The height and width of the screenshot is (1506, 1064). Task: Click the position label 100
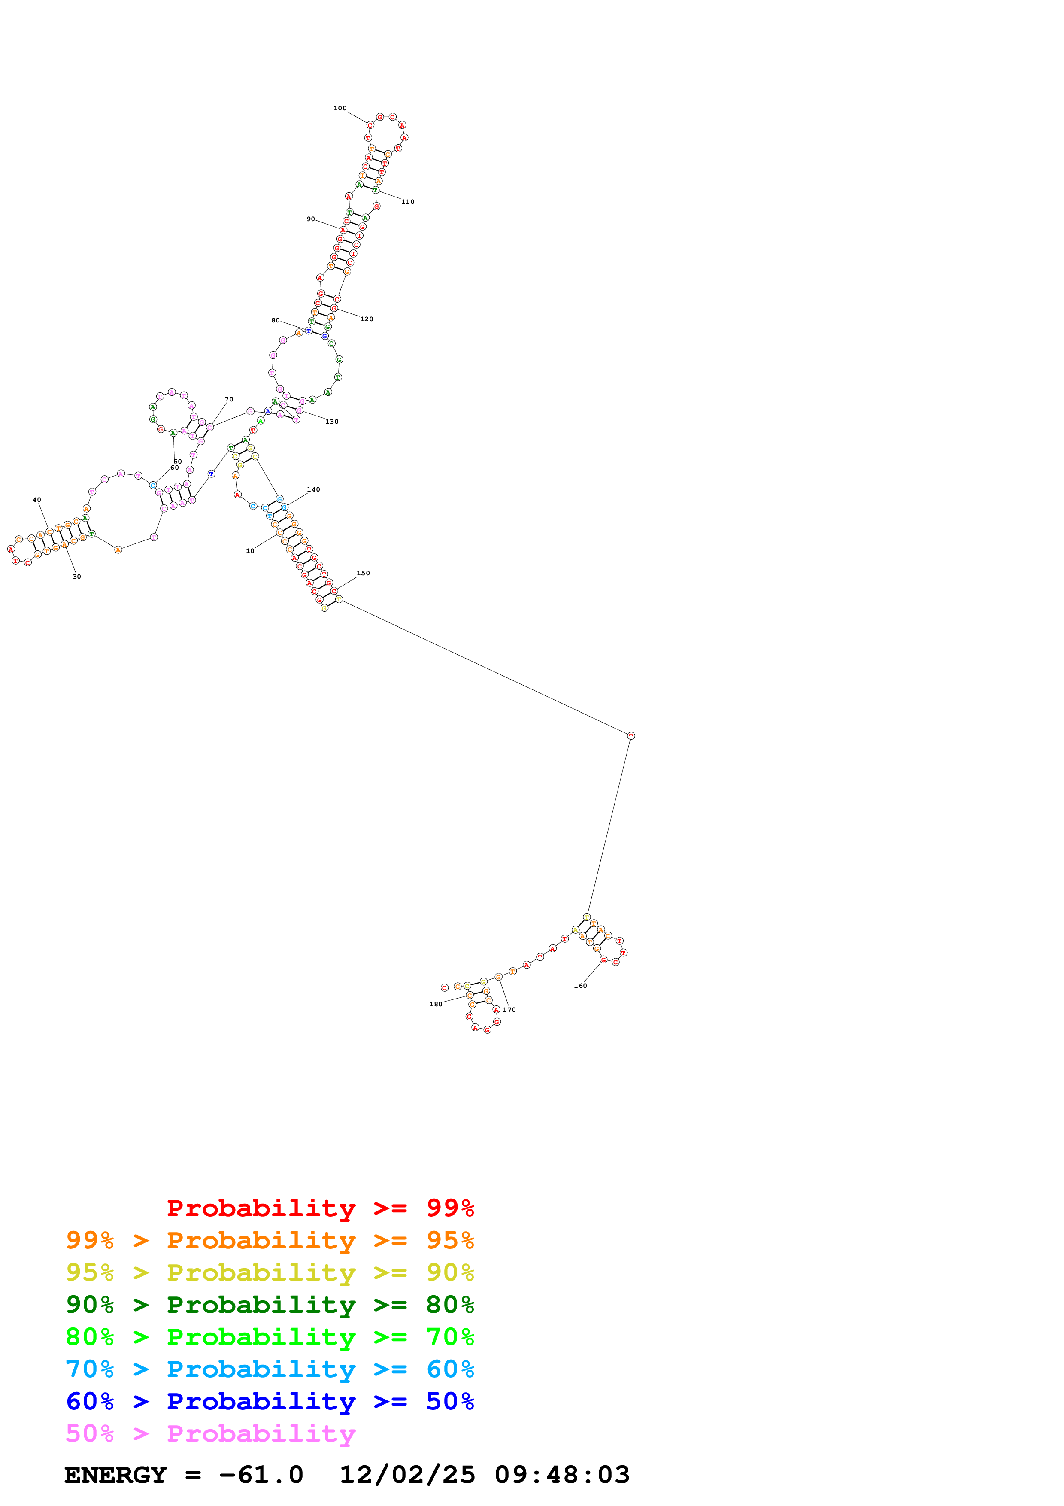point(340,108)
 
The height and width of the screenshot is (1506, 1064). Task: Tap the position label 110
point(408,202)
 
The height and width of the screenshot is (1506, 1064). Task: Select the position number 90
point(311,219)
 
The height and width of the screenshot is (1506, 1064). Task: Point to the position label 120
point(367,319)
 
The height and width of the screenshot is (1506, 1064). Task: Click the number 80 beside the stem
point(276,321)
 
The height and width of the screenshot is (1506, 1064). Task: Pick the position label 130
point(332,422)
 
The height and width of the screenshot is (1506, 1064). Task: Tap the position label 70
point(229,399)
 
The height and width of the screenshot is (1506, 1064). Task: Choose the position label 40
point(37,500)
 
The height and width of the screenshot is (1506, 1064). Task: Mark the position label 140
point(313,490)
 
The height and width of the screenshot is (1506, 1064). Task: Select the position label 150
point(363,573)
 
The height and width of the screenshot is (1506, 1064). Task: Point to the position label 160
point(580,986)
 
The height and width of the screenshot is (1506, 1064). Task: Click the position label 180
point(435,1004)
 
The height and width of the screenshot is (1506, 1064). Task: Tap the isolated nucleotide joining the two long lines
point(631,736)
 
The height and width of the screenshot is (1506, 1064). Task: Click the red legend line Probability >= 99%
point(320,1208)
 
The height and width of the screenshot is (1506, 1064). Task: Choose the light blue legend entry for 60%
point(270,1369)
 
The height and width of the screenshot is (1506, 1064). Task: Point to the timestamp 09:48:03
point(562,1475)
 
